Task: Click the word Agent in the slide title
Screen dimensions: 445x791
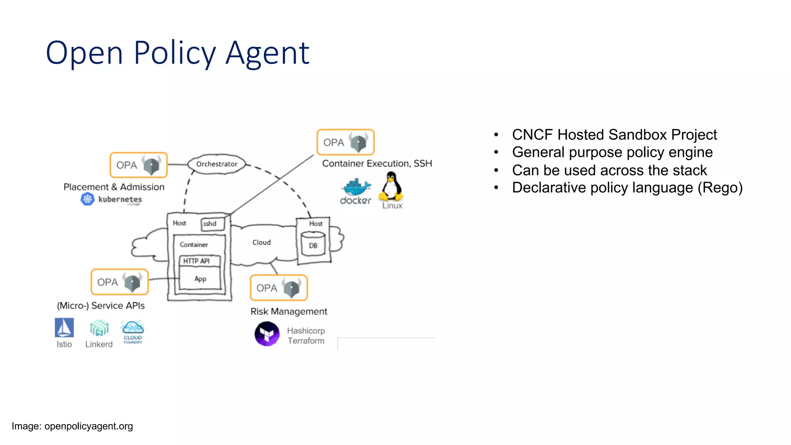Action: [x=267, y=53]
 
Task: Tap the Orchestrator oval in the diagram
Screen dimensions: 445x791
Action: [x=217, y=164]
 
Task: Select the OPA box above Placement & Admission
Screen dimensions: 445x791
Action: [x=139, y=165]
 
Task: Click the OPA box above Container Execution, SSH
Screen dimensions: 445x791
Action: [x=346, y=142]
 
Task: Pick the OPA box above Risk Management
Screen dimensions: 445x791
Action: [x=279, y=288]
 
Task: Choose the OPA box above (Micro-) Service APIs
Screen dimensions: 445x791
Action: [x=120, y=282]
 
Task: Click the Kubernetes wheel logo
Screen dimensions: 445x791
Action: [x=88, y=199]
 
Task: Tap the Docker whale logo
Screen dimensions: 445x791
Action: [x=356, y=187]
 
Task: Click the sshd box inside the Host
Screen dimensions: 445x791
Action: [x=212, y=224]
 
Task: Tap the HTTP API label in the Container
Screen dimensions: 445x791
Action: [x=196, y=261]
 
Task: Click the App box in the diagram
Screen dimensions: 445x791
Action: [x=200, y=279]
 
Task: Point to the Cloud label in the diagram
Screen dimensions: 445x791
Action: [x=261, y=242]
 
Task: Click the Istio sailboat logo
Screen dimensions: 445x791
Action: [x=64, y=328]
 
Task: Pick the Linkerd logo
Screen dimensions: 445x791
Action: [x=99, y=328]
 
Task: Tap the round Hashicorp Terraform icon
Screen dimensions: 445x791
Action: [x=267, y=334]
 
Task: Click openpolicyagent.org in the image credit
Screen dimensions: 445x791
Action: [x=88, y=426]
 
